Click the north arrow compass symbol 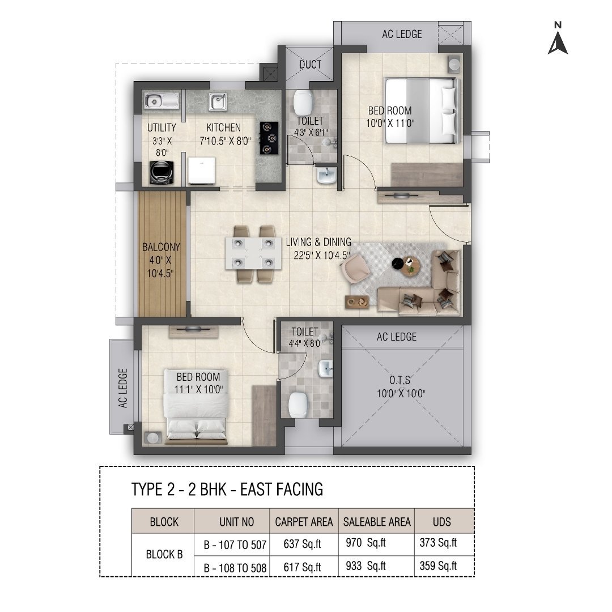558,39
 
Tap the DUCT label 311,65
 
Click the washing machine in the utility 161,172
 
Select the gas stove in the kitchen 269,138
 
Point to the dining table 253,253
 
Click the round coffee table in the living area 410,266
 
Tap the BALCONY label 161,247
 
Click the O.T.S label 399,380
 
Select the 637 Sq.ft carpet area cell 303,544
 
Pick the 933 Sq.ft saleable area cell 365,566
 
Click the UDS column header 442,522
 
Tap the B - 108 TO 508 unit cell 235,568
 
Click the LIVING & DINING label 318,242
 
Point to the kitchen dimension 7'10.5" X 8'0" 225,141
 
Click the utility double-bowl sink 161,101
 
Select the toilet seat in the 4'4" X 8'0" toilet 299,405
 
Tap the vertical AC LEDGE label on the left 123,388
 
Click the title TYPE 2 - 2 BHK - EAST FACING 227,490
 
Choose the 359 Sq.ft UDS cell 438,566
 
